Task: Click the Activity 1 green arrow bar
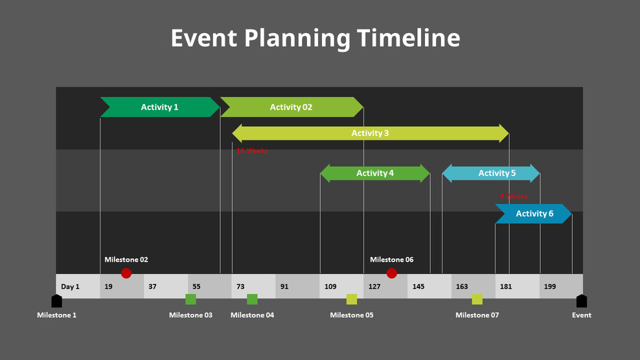coord(160,107)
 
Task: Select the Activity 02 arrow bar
coord(291,107)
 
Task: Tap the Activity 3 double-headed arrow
coord(371,133)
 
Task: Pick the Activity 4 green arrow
coord(375,173)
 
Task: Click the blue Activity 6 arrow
coord(534,214)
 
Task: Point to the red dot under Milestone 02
coord(126,273)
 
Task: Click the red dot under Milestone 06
coord(391,273)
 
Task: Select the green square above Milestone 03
coord(190,299)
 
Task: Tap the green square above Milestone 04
coord(252,299)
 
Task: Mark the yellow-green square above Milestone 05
coord(352,299)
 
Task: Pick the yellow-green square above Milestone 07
coord(477,299)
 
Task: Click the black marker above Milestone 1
coord(57,301)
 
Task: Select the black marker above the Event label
coord(582,301)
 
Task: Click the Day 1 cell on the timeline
coord(70,286)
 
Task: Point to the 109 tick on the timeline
coord(330,286)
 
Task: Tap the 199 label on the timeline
coord(550,286)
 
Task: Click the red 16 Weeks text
coord(252,151)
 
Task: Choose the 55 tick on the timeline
coord(196,286)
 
